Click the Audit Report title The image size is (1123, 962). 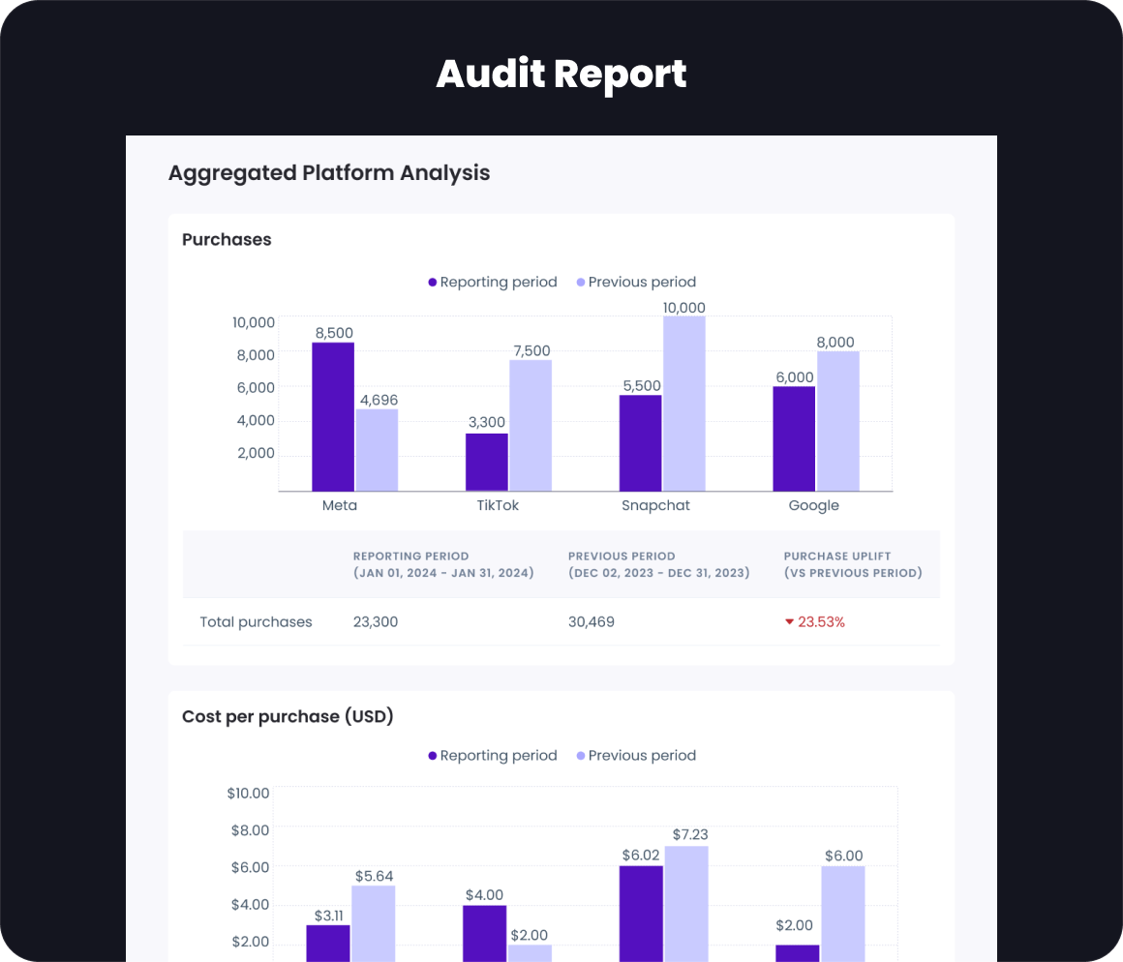click(x=561, y=75)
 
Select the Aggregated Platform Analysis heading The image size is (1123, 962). click(x=329, y=173)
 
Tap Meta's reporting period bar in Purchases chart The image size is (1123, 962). click(x=333, y=416)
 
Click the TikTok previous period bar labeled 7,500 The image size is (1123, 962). click(x=531, y=426)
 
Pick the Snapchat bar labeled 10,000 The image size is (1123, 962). click(x=684, y=404)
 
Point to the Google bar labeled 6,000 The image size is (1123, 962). click(x=794, y=438)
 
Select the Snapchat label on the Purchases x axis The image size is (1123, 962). click(x=655, y=505)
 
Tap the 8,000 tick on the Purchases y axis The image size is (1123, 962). click(x=255, y=355)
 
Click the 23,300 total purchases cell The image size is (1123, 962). click(x=376, y=622)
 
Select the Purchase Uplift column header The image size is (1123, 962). click(x=853, y=564)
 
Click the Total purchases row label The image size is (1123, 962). click(x=256, y=622)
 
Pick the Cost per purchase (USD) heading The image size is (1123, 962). click(x=288, y=717)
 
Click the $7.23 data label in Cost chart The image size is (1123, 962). click(x=686, y=834)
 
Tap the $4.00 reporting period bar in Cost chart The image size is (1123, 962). click(x=484, y=933)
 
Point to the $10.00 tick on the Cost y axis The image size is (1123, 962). click(x=248, y=794)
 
